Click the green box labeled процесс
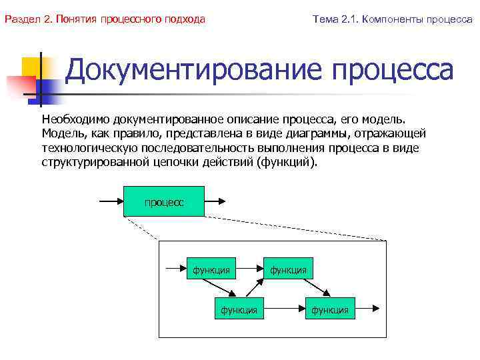(x=163, y=202)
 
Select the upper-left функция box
(x=211, y=269)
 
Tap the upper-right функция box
(x=288, y=269)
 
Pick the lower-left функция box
(x=239, y=309)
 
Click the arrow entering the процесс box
(x=111, y=201)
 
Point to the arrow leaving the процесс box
(x=216, y=201)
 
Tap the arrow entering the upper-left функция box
(x=174, y=269)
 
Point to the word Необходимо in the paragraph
(x=75, y=119)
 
